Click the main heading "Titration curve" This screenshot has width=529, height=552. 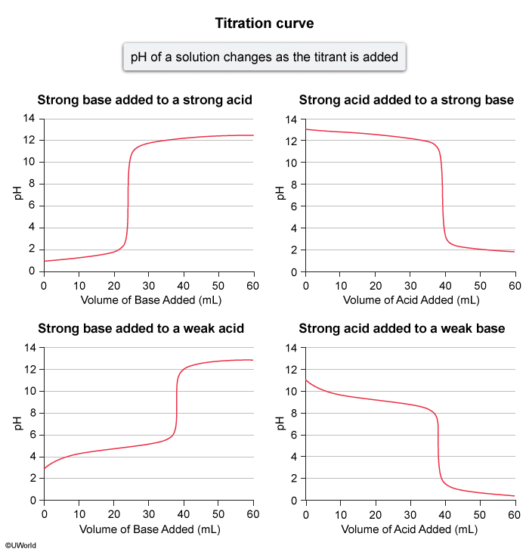(x=264, y=23)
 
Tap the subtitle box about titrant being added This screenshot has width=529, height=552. (x=264, y=57)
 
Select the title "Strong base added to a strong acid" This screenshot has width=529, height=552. (x=145, y=100)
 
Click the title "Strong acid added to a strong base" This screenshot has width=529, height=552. (x=407, y=100)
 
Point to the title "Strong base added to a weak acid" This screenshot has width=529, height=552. (x=141, y=328)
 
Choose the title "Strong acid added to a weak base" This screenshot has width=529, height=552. (x=402, y=328)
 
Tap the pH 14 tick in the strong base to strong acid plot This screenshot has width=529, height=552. (x=29, y=119)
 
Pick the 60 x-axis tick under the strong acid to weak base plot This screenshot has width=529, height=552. (x=514, y=514)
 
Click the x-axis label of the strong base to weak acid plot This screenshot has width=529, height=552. (x=148, y=529)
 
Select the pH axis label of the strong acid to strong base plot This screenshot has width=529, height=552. (x=280, y=194)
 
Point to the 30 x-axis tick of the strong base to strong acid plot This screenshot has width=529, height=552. (x=148, y=285)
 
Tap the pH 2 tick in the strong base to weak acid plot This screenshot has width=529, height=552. (x=32, y=479)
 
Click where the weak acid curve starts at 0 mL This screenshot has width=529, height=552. (x=44, y=469)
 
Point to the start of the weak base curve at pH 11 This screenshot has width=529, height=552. (x=306, y=380)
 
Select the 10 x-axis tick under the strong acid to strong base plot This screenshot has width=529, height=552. (x=340, y=285)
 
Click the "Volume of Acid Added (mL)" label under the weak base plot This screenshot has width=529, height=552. (x=410, y=529)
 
